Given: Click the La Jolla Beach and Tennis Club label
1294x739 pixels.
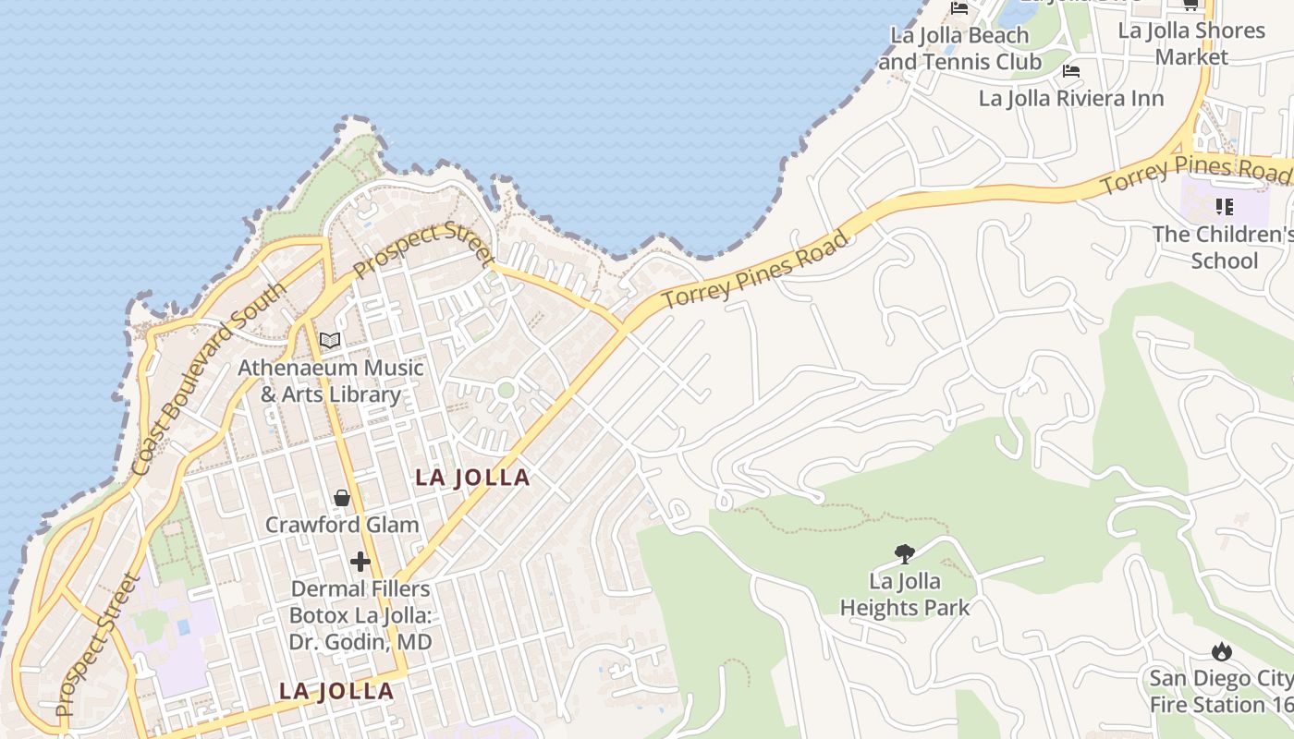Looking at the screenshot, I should click(959, 49).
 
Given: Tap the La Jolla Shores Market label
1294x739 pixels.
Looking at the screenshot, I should click(1191, 43).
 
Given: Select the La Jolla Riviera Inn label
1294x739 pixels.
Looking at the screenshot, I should click(1071, 98).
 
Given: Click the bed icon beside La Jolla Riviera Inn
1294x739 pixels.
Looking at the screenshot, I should click(1071, 70).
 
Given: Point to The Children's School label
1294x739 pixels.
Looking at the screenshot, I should click(1224, 247).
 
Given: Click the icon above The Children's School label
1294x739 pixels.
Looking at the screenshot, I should click(1224, 207).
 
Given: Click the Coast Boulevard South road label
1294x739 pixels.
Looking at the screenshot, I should click(208, 380).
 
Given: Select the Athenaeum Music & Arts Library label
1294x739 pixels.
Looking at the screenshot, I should click(331, 381).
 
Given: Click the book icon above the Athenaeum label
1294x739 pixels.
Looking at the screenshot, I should click(330, 340).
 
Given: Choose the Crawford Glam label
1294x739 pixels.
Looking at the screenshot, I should click(342, 525).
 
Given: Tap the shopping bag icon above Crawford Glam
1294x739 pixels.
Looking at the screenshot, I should click(342, 499).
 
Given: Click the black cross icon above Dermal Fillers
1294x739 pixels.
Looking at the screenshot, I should click(360, 562).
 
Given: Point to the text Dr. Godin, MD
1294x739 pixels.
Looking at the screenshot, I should click(360, 641).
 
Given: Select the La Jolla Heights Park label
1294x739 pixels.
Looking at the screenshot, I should click(904, 594).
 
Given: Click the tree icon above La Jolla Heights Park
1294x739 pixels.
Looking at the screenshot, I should click(905, 554).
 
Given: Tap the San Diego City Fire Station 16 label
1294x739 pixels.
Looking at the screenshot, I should click(1221, 691).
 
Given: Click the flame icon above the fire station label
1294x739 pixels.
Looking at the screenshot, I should click(1222, 652).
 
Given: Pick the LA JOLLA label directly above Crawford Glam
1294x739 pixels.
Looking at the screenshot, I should click(472, 478).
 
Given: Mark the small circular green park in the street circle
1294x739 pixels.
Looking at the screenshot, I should click(506, 390).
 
